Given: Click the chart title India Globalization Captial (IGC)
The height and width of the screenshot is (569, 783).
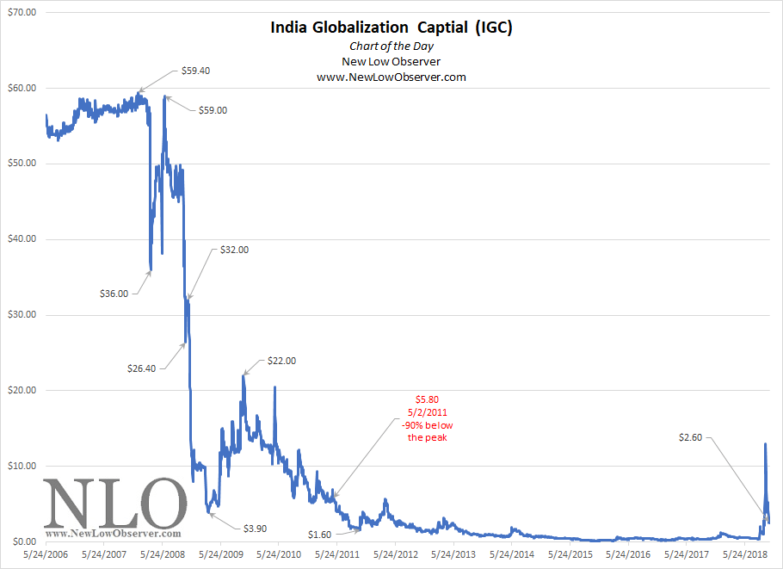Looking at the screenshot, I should [391, 28].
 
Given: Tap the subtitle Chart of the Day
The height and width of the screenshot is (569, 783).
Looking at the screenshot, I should [391, 46].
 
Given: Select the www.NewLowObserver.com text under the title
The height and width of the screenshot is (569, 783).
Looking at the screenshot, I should [391, 77].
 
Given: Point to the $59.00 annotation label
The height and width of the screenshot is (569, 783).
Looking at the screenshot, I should [213, 110].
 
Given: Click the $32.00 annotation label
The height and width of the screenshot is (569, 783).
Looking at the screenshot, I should [233, 250].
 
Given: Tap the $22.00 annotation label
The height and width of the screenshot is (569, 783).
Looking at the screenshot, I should [281, 361].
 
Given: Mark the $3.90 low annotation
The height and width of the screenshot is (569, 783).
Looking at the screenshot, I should [256, 527].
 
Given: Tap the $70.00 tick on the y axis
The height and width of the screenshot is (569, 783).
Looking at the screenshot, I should [21, 13].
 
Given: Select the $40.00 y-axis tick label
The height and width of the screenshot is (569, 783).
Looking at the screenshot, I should [21, 239].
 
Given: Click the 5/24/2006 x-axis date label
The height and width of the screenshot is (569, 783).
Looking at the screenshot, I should [46, 555].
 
